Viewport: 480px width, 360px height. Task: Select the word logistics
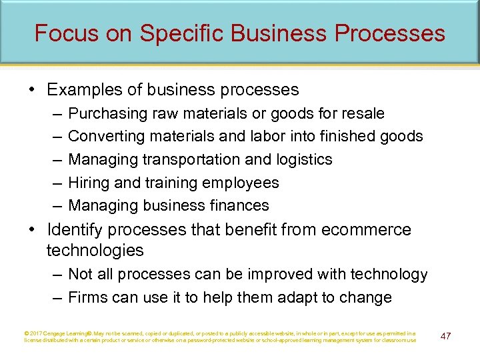(x=300, y=159)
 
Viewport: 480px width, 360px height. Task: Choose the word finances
(x=238, y=205)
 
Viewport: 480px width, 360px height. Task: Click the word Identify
(x=73, y=230)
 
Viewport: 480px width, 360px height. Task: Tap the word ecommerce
(x=367, y=230)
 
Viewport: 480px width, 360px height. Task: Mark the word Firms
(x=87, y=297)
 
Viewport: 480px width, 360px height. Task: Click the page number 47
(x=445, y=336)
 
